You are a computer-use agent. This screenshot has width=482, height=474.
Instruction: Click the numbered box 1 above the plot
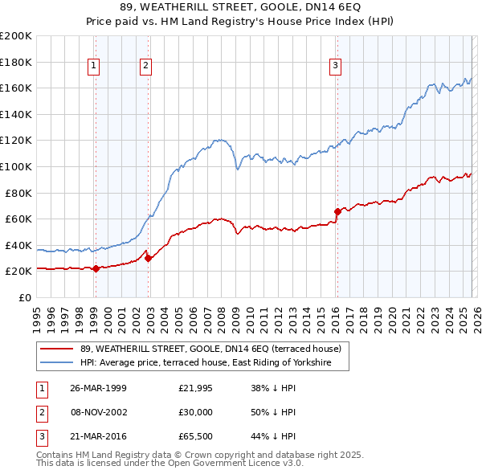95,67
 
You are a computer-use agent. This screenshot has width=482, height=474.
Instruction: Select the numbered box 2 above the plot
145,67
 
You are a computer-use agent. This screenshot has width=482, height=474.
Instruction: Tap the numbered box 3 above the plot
335,67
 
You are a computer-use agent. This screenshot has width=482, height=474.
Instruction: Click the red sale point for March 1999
96,268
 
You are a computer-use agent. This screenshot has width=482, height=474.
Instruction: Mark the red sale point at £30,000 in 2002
148,258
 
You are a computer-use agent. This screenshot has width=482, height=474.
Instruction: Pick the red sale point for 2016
337,211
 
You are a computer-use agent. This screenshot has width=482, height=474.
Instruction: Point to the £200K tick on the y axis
16,36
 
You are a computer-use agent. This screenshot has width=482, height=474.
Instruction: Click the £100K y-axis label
16,166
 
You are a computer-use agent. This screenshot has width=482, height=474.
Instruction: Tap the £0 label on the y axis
24,297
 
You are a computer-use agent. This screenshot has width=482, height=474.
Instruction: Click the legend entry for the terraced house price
210,349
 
